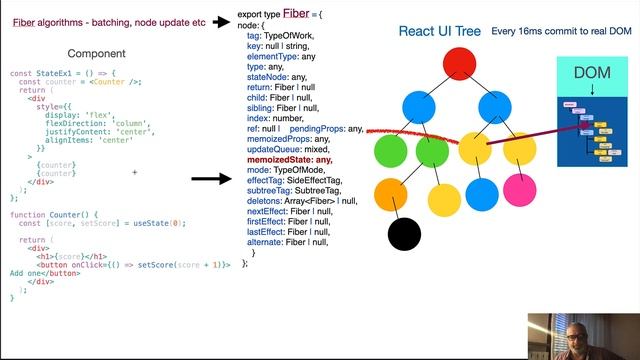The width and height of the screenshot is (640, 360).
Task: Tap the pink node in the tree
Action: pyautogui.click(x=519, y=188)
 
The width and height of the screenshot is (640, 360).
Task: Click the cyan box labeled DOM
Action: pyautogui.click(x=591, y=74)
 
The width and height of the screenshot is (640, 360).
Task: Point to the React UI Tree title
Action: pyautogui.click(x=438, y=31)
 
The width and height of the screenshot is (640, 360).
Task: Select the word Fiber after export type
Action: pyautogui.click(x=295, y=13)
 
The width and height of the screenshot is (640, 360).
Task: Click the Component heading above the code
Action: pyautogui.click(x=97, y=53)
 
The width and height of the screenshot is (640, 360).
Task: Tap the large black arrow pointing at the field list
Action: pyautogui.click(x=211, y=179)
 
